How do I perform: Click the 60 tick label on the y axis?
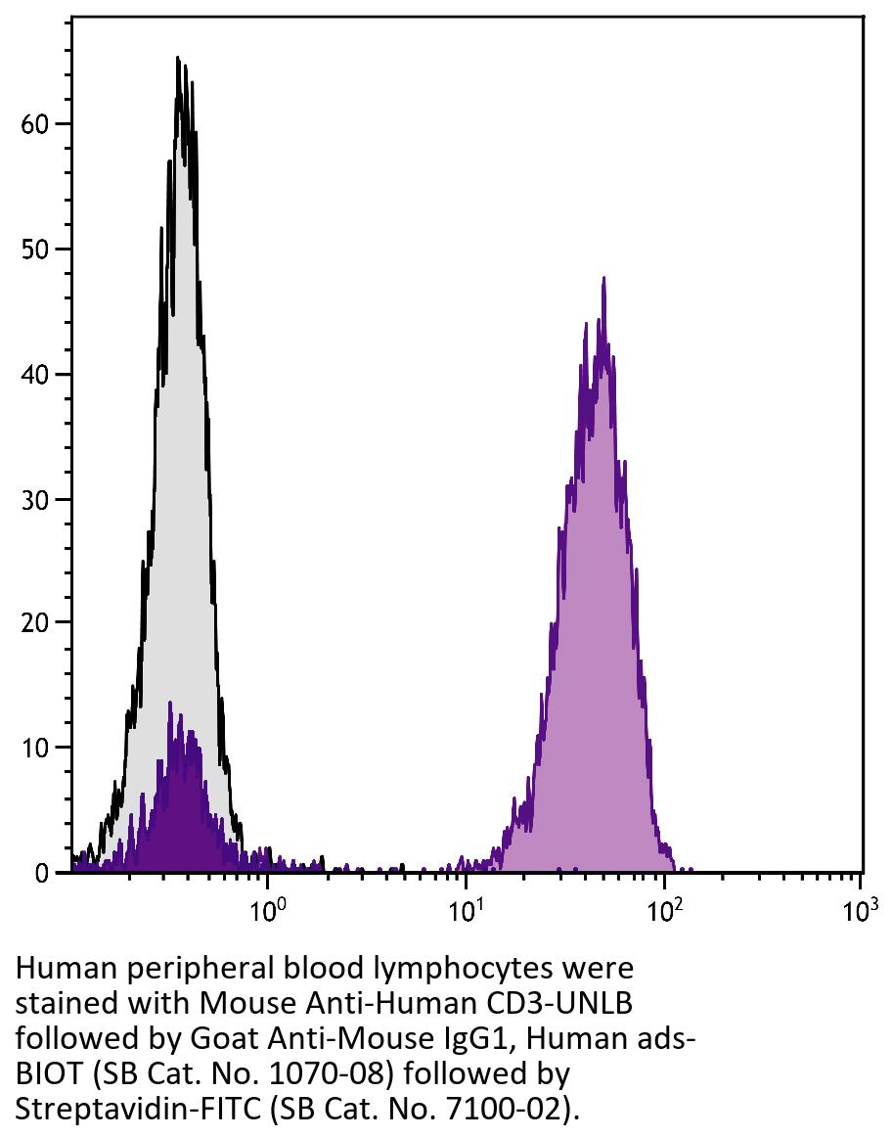(35, 124)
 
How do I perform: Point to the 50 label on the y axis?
(35, 250)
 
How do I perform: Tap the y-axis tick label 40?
(35, 374)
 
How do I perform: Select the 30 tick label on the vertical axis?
(35, 499)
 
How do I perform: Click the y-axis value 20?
(35, 622)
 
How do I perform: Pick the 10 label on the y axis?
(35, 748)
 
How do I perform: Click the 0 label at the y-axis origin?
(41, 873)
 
